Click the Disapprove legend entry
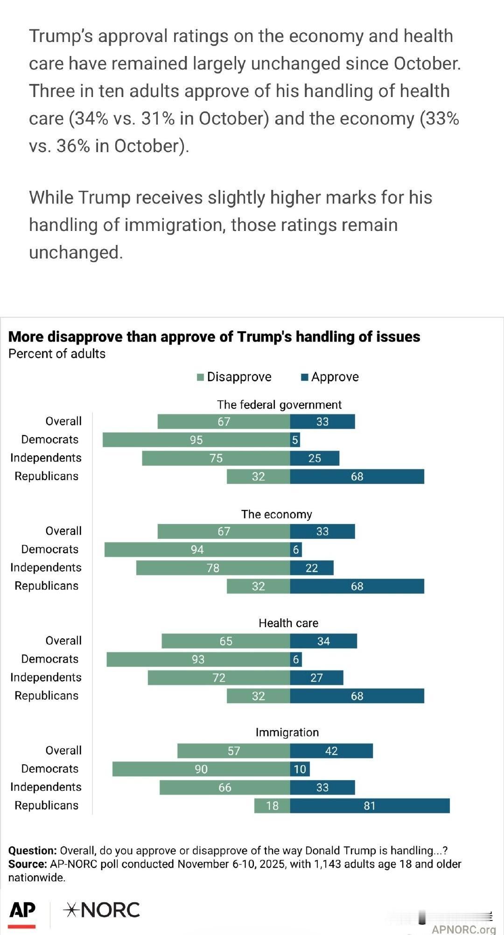click(x=234, y=377)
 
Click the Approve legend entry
click(x=330, y=377)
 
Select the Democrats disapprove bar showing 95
click(x=196, y=440)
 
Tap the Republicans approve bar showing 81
click(x=370, y=806)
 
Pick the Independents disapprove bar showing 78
click(x=213, y=568)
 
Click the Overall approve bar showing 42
click(x=331, y=751)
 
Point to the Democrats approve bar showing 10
click(x=300, y=769)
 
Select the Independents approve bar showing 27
click(x=316, y=677)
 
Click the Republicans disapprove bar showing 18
click(x=272, y=806)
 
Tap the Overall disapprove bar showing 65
click(x=226, y=641)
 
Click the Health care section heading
click(x=288, y=623)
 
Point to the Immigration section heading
click(x=287, y=733)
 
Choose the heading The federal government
click(x=279, y=405)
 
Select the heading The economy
click(x=276, y=514)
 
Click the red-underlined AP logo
click(x=22, y=911)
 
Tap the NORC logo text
click(x=102, y=910)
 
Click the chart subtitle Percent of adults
click(x=57, y=354)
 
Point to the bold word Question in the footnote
click(x=32, y=851)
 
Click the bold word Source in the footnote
click(x=27, y=864)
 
